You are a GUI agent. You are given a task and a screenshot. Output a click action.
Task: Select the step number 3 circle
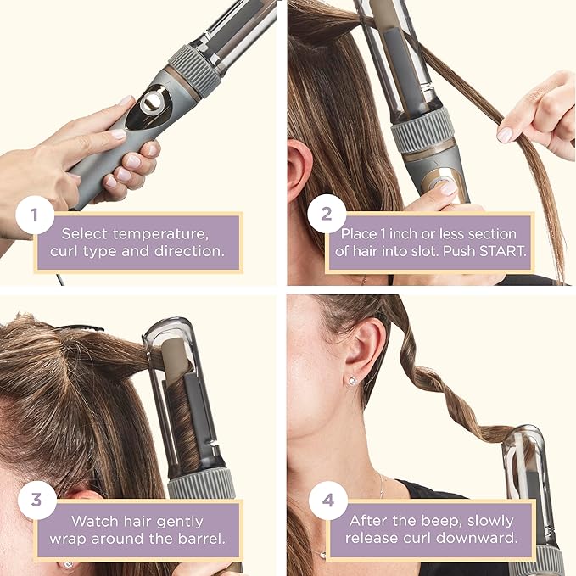pyautogui.click(x=35, y=500)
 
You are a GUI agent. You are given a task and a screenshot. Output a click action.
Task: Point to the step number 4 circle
pyautogui.click(x=325, y=500)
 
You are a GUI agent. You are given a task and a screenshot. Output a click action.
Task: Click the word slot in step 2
pyautogui.click(x=452, y=253)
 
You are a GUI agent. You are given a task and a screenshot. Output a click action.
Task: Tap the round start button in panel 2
pyautogui.click(x=440, y=180)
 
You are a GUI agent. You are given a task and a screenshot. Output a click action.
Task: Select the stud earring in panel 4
pyautogui.click(x=351, y=381)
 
